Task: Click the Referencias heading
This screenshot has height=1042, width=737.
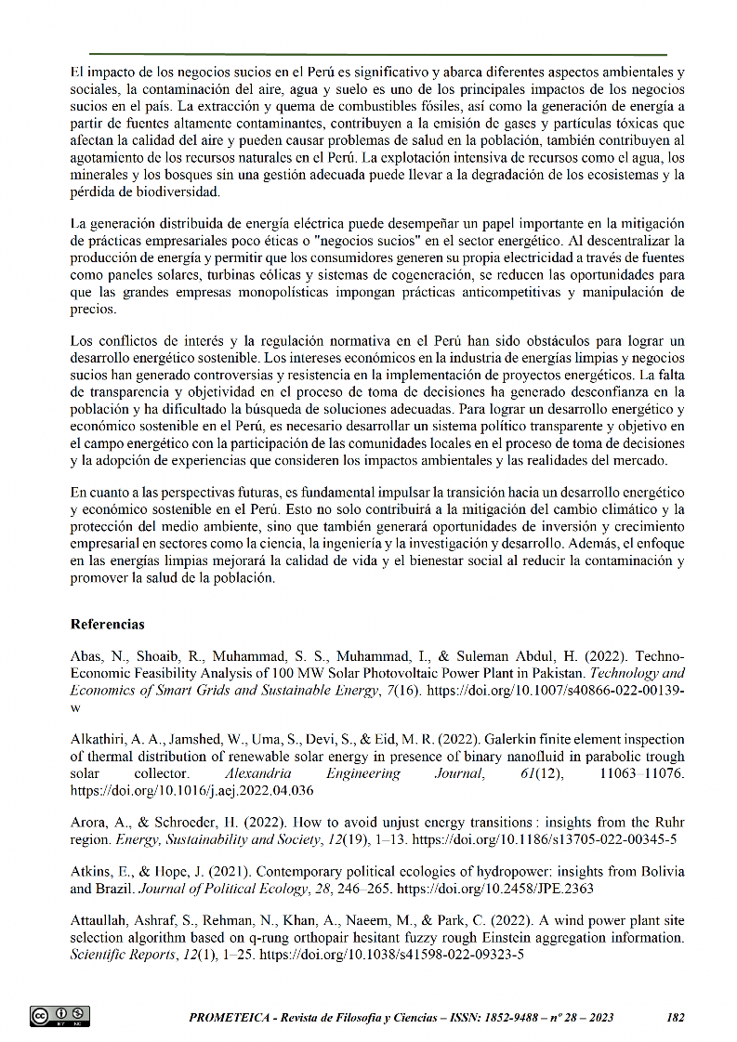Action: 107,624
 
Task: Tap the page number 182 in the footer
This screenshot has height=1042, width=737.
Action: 676,1017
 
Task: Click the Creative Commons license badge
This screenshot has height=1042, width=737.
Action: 60,1016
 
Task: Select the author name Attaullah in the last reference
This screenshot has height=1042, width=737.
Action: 101,921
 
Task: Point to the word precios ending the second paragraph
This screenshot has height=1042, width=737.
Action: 93,310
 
